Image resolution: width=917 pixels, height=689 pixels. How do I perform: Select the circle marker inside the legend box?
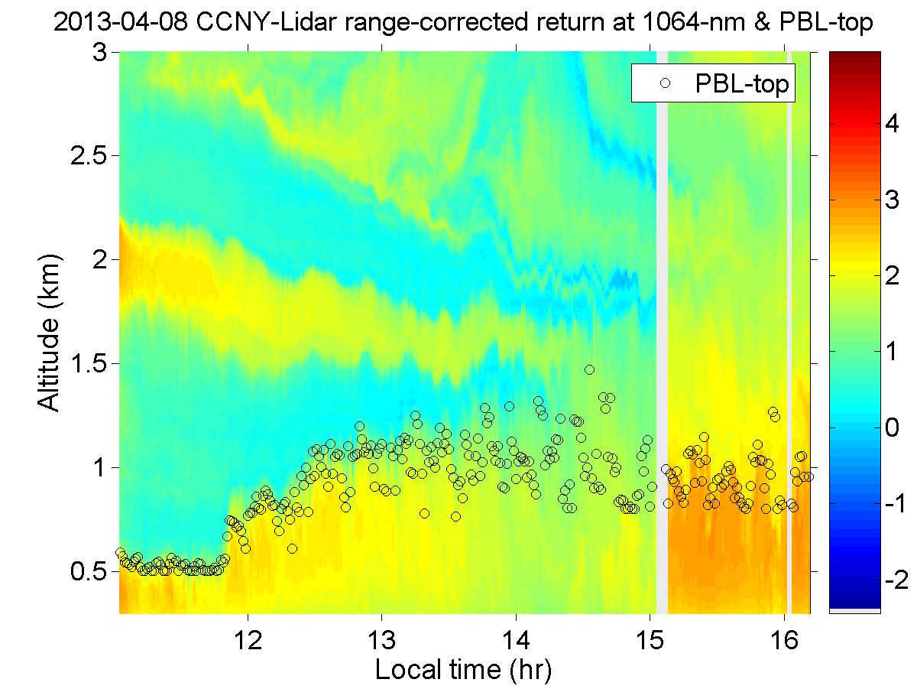[x=666, y=85]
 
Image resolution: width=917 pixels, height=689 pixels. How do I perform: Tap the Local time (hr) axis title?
[x=463, y=670]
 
